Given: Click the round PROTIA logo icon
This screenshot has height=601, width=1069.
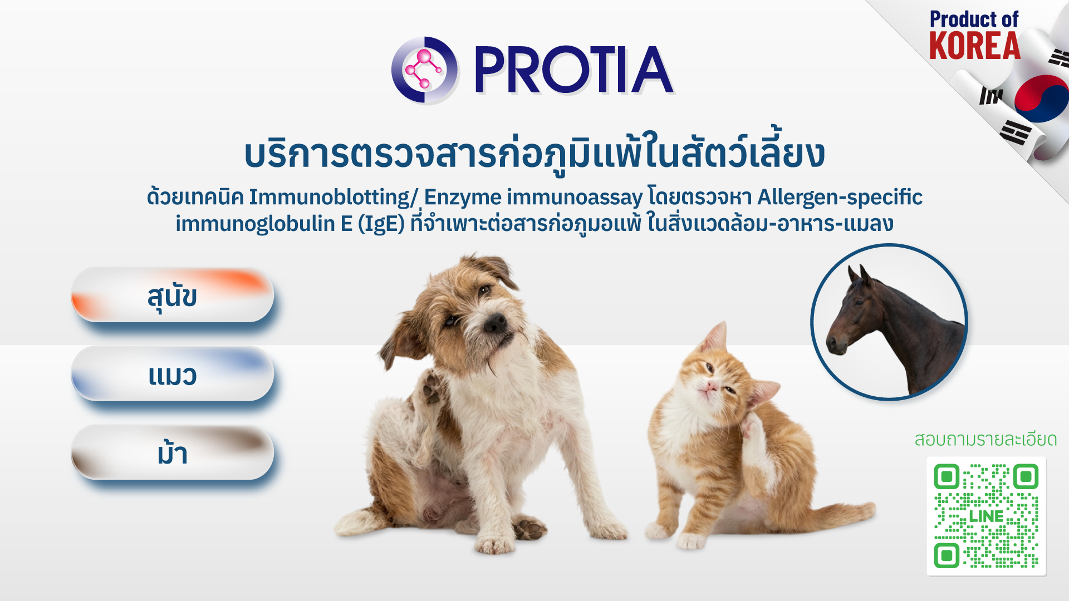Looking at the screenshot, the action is [x=425, y=70].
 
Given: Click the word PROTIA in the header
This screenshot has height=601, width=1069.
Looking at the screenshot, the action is [x=573, y=70].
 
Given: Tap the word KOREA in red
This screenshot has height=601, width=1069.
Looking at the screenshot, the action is [x=974, y=46].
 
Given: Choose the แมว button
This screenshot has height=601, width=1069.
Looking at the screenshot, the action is [x=173, y=374].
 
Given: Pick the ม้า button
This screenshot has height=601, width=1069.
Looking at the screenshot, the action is [x=173, y=453].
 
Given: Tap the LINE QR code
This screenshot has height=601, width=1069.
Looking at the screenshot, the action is [x=986, y=516].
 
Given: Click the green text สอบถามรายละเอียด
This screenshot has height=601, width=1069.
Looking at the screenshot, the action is [x=985, y=440].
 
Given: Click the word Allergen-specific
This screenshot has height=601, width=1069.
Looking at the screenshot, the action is [x=840, y=198].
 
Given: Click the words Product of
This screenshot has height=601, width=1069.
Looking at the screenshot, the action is [x=974, y=19].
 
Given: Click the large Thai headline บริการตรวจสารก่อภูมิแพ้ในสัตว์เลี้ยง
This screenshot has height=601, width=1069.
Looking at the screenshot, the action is [x=534, y=153].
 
